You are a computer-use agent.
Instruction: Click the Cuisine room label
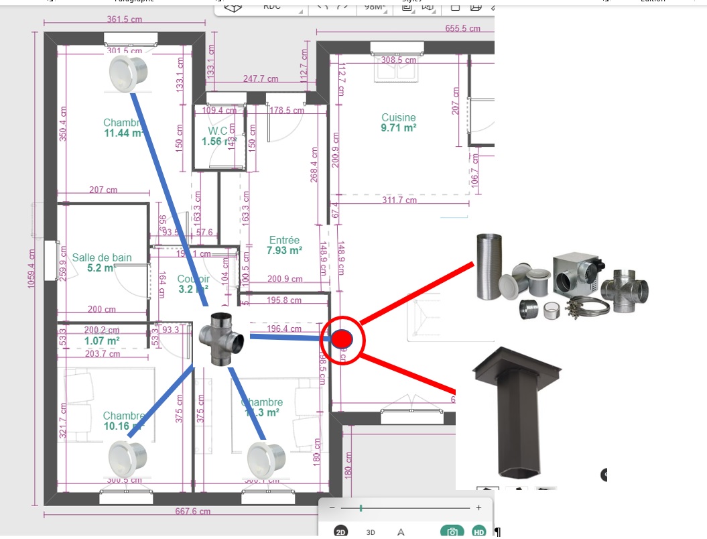[399, 118]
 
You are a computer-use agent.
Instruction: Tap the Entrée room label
[284, 240]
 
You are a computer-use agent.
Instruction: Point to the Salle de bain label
[102, 257]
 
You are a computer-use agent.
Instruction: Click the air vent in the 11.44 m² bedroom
[127, 73]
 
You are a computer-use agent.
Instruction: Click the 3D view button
[371, 532]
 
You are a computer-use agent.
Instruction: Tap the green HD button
[478, 532]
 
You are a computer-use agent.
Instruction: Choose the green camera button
[452, 532]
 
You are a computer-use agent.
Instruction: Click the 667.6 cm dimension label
[192, 512]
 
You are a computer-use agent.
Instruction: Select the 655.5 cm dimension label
[463, 28]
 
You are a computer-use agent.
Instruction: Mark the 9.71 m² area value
[399, 128]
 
